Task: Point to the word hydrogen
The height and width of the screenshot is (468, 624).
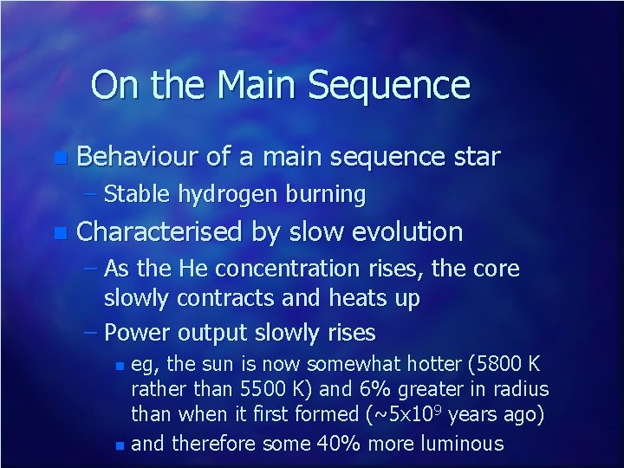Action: [226, 194]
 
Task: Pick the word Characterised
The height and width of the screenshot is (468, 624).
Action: [161, 232]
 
